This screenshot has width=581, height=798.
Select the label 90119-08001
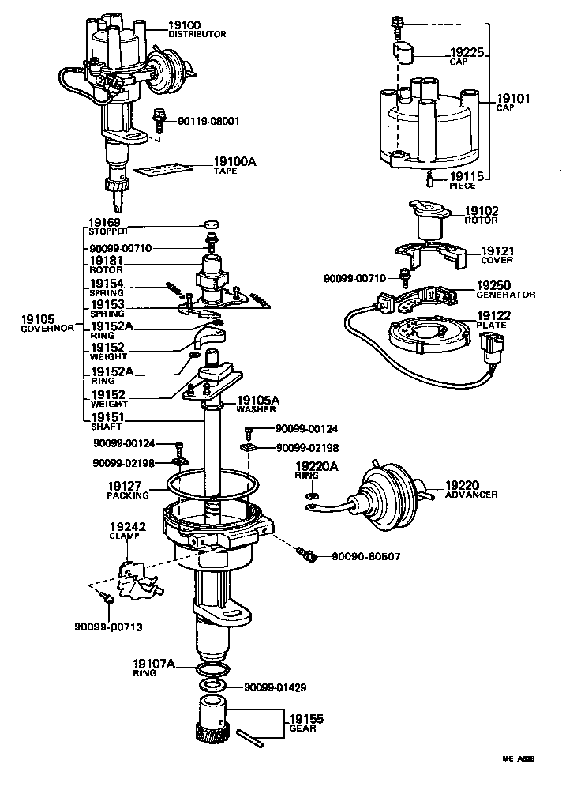pyautogui.click(x=208, y=122)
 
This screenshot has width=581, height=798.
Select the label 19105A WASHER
pyautogui.click(x=257, y=405)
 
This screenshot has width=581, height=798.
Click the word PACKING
pyautogui.click(x=128, y=496)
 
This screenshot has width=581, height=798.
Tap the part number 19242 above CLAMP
pyautogui.click(x=125, y=525)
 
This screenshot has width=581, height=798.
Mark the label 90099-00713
pyautogui.click(x=109, y=627)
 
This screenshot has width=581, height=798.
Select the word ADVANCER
pyautogui.click(x=471, y=495)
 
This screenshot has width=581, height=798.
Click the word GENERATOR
pyautogui.click(x=505, y=295)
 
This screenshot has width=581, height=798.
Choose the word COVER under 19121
pyautogui.click(x=497, y=260)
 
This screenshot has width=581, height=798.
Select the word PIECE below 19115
pyautogui.click(x=463, y=186)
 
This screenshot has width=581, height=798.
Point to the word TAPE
pyautogui.click(x=226, y=171)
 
